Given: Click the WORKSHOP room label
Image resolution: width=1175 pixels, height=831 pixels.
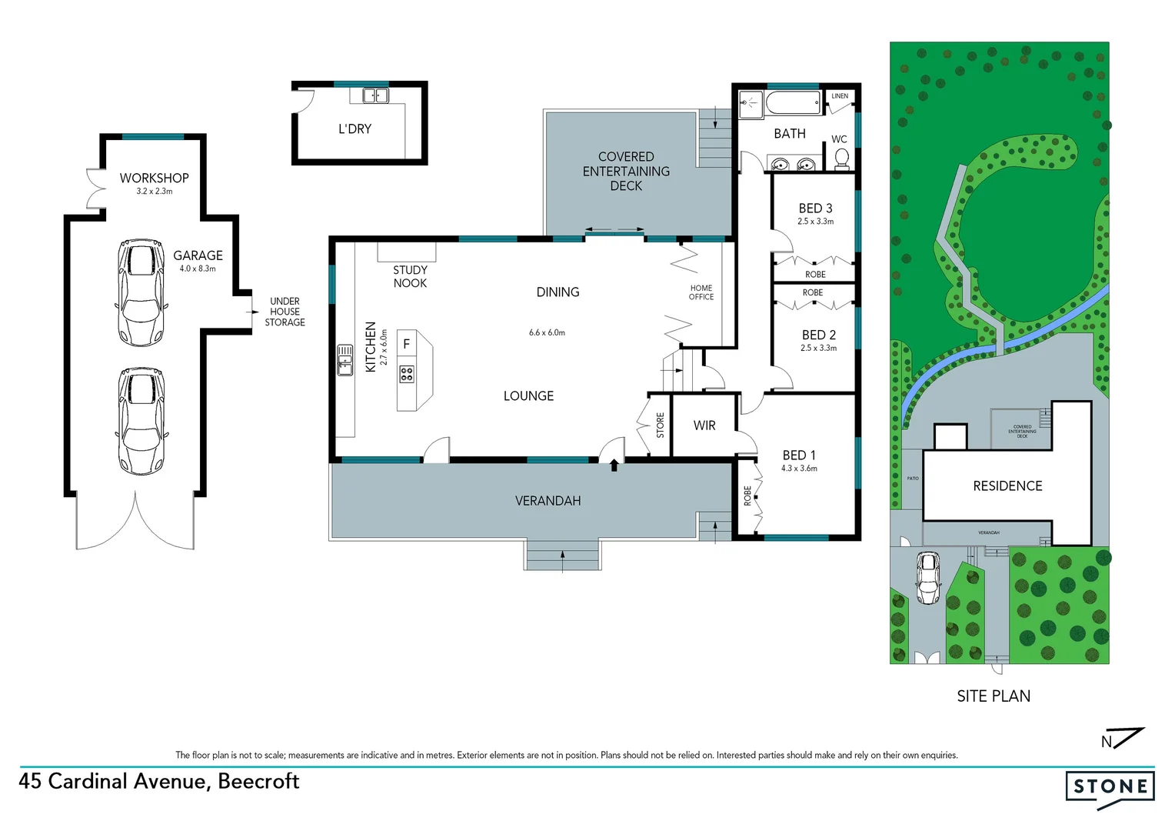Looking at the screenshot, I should pyautogui.click(x=154, y=178).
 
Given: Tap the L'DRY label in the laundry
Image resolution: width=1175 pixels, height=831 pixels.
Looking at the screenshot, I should pyautogui.click(x=354, y=129).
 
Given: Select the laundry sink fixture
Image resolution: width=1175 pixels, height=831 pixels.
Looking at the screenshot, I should pyautogui.click(x=375, y=95).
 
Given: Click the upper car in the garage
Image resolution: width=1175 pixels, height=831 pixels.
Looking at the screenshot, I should pyautogui.click(x=141, y=292).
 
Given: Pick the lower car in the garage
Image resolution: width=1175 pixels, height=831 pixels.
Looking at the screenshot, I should pyautogui.click(x=141, y=420).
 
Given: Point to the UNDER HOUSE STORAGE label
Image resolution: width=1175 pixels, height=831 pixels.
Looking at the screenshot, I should pyautogui.click(x=285, y=312).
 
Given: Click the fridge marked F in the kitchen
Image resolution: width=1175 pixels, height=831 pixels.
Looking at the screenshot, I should pyautogui.click(x=407, y=344).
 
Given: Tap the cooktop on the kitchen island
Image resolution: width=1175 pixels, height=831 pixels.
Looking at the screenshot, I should pyautogui.click(x=407, y=375).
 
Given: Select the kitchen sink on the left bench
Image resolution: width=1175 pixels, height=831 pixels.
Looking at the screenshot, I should pyautogui.click(x=345, y=360).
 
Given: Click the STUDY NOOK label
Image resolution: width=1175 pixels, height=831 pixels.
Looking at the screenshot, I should pyautogui.click(x=410, y=276).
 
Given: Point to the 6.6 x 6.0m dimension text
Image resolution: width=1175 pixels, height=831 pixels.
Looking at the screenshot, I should pyautogui.click(x=547, y=332).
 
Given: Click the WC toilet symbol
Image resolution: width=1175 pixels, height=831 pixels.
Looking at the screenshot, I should pyautogui.click(x=842, y=158).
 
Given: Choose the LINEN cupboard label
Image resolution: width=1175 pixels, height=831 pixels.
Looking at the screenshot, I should pyautogui.click(x=840, y=96).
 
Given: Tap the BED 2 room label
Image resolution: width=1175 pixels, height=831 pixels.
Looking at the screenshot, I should pyautogui.click(x=818, y=335).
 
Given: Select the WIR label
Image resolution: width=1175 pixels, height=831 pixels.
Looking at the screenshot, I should pyautogui.click(x=704, y=426).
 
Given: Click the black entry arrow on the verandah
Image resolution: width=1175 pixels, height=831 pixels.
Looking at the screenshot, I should pyautogui.click(x=614, y=465).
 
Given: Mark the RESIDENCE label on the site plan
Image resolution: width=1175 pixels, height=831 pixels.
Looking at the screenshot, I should pyautogui.click(x=1007, y=486).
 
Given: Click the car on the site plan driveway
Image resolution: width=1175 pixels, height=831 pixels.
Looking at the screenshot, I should pyautogui.click(x=928, y=578).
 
